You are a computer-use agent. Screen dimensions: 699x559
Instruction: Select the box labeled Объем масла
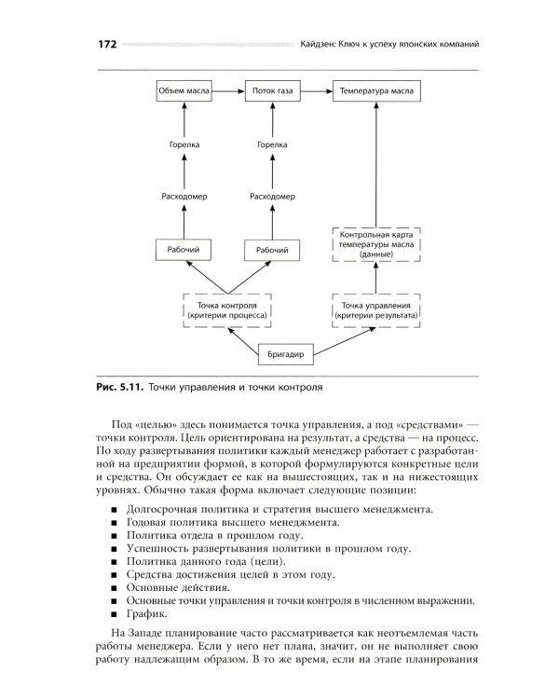pos(184,92)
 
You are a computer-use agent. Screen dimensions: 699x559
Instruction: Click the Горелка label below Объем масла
pos(184,144)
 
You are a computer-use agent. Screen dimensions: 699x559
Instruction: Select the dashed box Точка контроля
pos(228,310)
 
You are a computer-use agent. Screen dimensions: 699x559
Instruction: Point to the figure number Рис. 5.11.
pos(119,385)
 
